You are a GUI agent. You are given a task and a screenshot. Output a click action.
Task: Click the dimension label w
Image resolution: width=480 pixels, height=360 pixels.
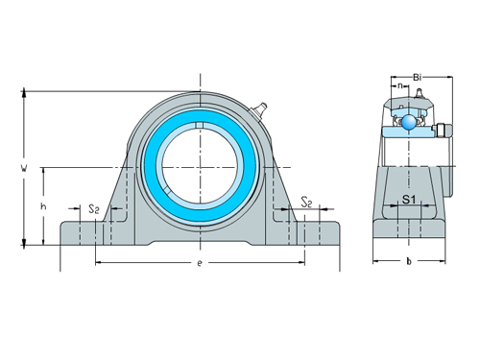(24, 168)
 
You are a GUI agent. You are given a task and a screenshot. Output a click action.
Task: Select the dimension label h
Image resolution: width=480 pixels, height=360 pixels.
(43, 206)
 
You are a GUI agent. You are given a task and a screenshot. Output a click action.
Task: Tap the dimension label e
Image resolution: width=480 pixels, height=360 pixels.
(200, 263)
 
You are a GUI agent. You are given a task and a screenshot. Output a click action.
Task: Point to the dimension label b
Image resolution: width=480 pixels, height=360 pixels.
(409, 261)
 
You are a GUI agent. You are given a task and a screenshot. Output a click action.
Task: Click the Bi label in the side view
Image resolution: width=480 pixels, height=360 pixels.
(417, 77)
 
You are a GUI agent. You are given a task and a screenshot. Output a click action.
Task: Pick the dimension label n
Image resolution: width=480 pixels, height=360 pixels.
(400, 85)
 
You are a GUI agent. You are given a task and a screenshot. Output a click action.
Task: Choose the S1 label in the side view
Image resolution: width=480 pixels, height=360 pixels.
(409, 200)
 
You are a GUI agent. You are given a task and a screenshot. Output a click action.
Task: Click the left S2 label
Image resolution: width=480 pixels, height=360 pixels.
(94, 209)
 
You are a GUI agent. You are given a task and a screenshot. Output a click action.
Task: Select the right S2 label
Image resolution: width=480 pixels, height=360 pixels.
(306, 203)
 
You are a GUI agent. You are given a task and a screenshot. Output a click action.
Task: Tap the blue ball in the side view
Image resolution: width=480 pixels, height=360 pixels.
(409, 122)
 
